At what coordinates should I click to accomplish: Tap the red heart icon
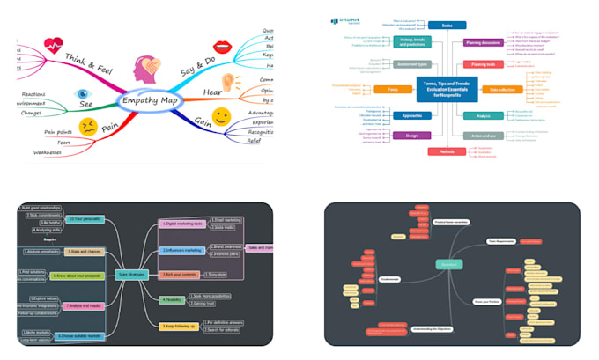tap(54, 43)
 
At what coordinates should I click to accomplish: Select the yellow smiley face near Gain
tap(222, 116)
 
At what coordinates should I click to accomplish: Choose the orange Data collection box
tap(504, 89)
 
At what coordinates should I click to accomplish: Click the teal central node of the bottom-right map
tap(448, 264)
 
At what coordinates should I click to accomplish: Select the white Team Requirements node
tap(499, 240)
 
